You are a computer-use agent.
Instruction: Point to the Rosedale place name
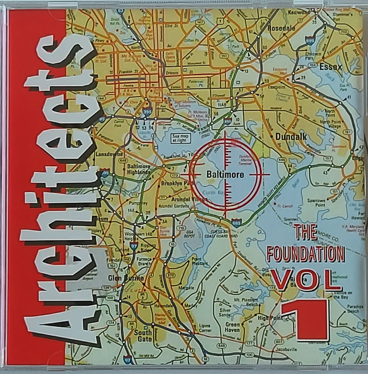point(282,28)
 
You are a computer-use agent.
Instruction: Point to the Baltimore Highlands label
point(139,169)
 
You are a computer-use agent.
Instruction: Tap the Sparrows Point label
point(316,203)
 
